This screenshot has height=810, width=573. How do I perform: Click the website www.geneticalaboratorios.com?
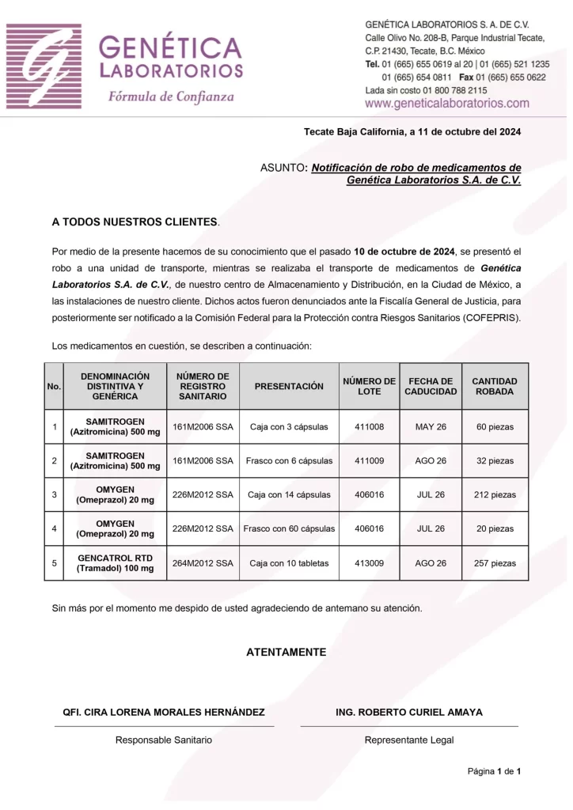447,104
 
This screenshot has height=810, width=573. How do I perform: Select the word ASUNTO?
283,168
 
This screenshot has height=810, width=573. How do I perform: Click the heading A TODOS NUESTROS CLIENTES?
135,222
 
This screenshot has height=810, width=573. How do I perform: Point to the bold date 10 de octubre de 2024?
404,252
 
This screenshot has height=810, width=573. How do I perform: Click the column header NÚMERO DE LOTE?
369,386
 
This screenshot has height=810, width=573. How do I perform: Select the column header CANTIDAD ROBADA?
495,386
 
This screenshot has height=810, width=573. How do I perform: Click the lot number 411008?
369,427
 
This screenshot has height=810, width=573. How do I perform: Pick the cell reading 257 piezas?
495,563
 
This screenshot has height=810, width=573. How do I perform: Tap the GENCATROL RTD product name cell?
115,563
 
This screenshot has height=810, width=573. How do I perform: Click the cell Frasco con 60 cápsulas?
289,528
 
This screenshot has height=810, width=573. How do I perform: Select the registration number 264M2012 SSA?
203,563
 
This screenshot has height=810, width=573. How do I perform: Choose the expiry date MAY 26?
431,427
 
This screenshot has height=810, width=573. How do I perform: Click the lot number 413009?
369,563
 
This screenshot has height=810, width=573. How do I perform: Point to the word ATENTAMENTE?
286,653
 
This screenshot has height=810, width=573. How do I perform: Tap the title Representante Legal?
409,740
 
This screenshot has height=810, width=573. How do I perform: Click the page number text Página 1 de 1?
494,771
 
